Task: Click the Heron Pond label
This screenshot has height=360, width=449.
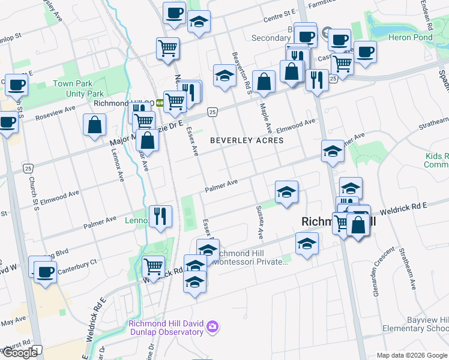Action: click(411, 37)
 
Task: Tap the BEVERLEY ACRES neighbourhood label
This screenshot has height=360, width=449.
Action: click(246, 140)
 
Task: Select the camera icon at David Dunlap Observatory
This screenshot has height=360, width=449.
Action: click(211, 327)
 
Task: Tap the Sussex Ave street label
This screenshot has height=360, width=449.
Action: click(260, 218)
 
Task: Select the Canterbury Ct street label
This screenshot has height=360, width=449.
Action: click(77, 262)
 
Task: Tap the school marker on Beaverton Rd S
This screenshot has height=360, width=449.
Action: click(224, 76)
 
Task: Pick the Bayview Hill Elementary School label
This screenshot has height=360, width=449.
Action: click(418, 324)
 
